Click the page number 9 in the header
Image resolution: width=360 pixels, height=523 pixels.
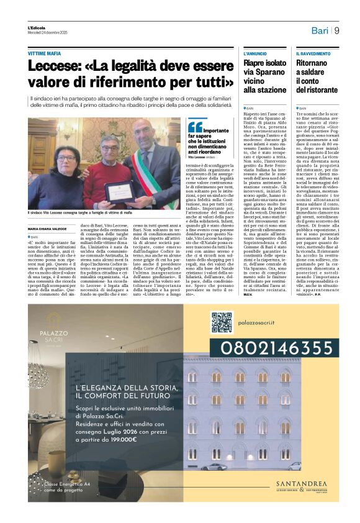336,30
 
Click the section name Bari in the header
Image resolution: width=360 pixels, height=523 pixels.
320,30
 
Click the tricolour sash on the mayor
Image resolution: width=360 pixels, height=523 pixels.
150,174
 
